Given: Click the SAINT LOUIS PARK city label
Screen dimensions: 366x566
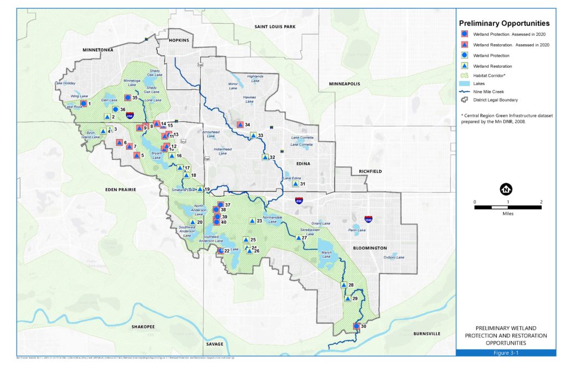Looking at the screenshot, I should click(275, 26).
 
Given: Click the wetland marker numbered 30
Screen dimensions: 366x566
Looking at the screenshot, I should click(357, 326).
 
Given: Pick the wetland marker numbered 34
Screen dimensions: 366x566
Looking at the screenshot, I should click(240, 125).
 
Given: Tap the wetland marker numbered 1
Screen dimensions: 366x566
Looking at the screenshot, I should click(83, 103).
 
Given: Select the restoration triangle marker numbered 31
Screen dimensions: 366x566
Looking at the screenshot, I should click(295, 184).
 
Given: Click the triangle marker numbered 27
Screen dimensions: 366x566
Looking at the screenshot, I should click(298, 238).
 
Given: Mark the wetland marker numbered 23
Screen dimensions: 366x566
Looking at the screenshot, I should click(253, 221).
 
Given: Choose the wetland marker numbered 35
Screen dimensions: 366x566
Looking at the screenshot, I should click(127, 97).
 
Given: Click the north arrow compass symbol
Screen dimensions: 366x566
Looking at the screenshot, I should click(505, 189).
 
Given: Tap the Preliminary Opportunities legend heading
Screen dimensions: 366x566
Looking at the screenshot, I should click(504, 24).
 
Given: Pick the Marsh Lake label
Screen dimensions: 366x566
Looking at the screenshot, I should click(326, 256).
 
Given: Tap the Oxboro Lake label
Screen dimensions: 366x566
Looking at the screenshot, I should click(395, 257).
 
